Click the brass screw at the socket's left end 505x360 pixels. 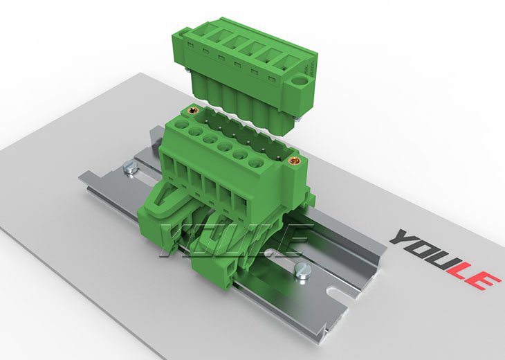tap(193, 111)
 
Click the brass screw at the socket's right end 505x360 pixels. tap(293, 160)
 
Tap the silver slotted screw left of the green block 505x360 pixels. tap(130, 168)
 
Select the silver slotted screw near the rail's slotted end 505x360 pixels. tap(303, 271)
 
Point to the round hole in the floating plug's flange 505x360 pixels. tap(301, 80)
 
